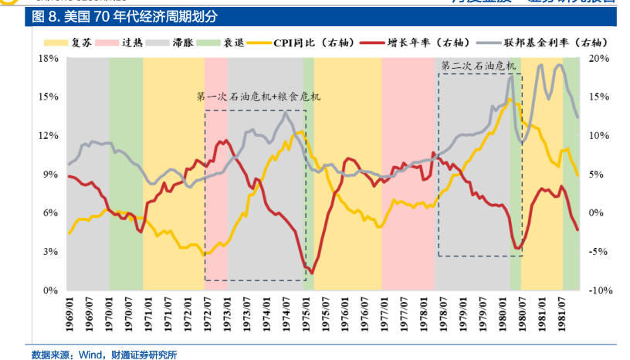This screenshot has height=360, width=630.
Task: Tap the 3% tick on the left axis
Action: coord(51,252)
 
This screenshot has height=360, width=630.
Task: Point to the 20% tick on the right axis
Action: coord(601,59)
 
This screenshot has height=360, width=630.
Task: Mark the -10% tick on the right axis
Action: coord(599,290)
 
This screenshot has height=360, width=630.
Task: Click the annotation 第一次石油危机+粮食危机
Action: coord(258,97)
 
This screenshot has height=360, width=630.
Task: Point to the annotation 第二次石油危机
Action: coord(478,66)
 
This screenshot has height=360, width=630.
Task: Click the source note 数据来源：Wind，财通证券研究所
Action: coord(104,354)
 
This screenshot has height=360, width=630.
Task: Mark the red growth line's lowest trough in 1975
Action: coord(311,273)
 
